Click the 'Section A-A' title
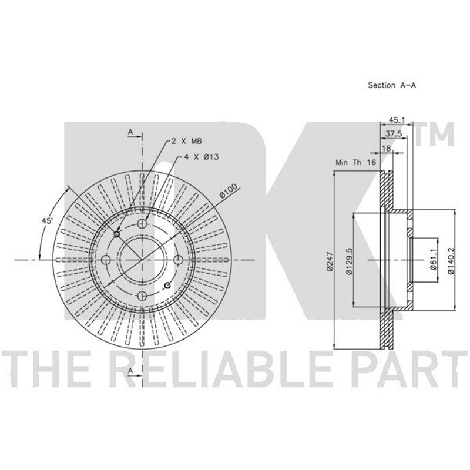click(x=392, y=85)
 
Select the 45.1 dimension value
click(x=397, y=120)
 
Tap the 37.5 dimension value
click(x=393, y=134)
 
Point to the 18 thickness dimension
click(x=387, y=149)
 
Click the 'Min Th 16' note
click(x=355, y=163)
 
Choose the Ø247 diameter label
click(x=330, y=261)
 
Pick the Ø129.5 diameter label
click(x=349, y=261)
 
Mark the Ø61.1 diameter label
click(x=434, y=261)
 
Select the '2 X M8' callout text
click(x=186, y=141)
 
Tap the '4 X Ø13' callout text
click(x=201, y=156)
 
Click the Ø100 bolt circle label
click(x=229, y=190)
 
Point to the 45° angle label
click(x=47, y=221)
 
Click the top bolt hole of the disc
click(x=142, y=224)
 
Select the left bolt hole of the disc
click(x=106, y=260)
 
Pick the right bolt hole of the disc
click(x=178, y=260)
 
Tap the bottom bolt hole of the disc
click(x=142, y=296)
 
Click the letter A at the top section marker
click(x=130, y=132)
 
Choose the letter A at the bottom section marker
click(x=130, y=371)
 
